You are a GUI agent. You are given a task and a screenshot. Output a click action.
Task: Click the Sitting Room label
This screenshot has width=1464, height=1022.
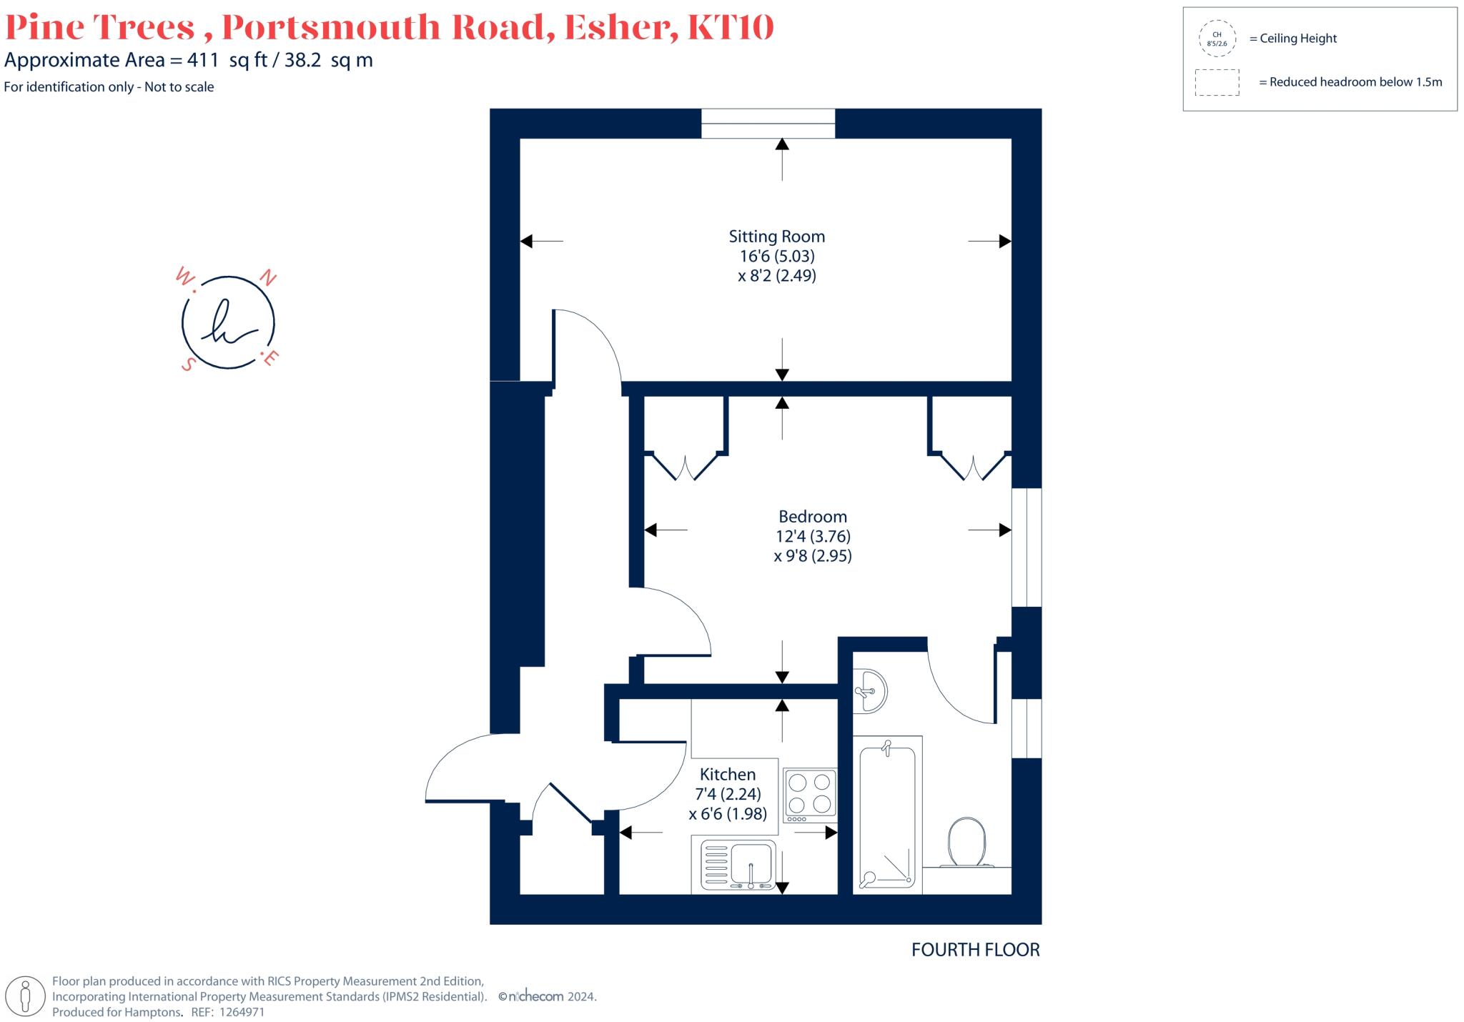tap(776, 237)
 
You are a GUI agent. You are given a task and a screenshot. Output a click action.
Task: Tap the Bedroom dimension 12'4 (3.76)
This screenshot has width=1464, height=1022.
tap(813, 536)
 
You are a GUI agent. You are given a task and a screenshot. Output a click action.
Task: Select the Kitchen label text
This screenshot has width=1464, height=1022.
tap(727, 774)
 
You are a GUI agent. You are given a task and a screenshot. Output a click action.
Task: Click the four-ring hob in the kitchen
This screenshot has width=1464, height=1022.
tap(810, 793)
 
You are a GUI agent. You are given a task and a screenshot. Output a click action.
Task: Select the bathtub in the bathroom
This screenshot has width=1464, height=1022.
tap(887, 815)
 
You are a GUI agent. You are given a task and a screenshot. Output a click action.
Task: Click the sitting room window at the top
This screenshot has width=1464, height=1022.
tap(768, 123)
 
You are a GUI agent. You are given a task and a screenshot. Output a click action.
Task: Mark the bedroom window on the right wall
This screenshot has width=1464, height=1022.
tap(1027, 547)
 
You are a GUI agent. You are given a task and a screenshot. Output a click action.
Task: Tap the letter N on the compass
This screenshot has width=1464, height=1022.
tap(267, 278)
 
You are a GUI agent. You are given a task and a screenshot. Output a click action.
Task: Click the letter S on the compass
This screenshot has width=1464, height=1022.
tap(188, 364)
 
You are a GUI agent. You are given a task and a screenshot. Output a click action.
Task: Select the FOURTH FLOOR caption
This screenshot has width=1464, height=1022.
tap(975, 950)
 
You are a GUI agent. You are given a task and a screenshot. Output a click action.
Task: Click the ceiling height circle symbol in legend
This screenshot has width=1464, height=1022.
tap(1217, 39)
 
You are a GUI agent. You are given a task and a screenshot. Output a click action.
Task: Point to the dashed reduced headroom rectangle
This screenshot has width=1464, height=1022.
tap(1217, 82)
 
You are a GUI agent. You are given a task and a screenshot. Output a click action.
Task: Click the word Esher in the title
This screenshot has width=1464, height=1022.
tap(620, 27)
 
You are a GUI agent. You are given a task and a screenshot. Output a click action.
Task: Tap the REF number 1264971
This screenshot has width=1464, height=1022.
tap(241, 1012)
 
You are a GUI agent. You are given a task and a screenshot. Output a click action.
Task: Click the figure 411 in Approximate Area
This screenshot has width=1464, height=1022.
tap(202, 60)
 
